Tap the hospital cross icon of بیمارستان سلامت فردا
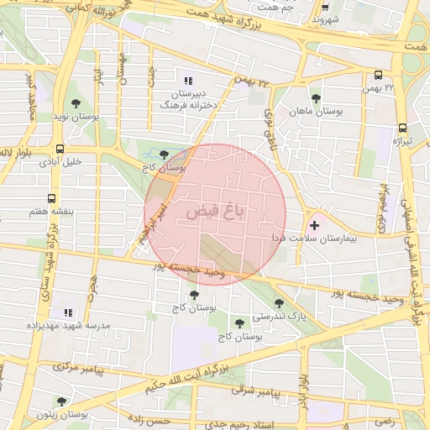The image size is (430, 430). point(315,224)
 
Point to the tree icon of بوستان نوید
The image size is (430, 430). point(76,103)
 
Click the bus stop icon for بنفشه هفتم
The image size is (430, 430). point(52,199)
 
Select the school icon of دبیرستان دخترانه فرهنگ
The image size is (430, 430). point(188,81)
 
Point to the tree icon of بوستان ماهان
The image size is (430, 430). point(316,98)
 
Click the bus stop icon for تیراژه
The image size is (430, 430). point(403,128)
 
